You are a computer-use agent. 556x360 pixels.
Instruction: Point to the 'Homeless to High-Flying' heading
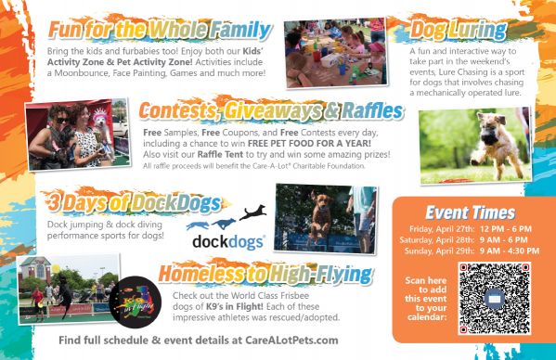pyautogui.click(x=265, y=274)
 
